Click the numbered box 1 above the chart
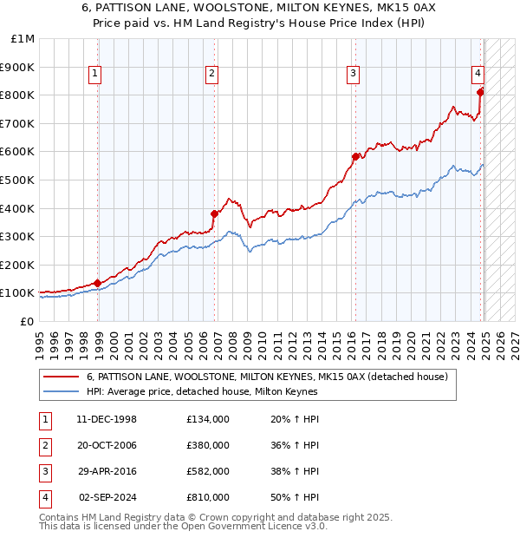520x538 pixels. pyautogui.click(x=94, y=74)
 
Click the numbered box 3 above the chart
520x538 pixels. pyautogui.click(x=354, y=74)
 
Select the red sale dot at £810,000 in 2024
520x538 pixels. pyautogui.click(x=481, y=92)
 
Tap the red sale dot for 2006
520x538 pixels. pyautogui.click(x=214, y=213)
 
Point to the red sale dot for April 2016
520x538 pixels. pyautogui.click(x=355, y=156)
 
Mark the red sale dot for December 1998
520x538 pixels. pyautogui.click(x=98, y=283)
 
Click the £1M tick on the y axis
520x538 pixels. pyautogui.click(x=23, y=39)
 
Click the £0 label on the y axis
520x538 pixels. pyautogui.click(x=27, y=321)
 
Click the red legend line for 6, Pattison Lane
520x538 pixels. pyautogui.click(x=61, y=377)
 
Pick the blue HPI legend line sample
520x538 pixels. pyautogui.click(x=61, y=391)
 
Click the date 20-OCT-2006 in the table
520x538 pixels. pyautogui.click(x=107, y=445)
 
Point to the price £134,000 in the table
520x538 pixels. pyautogui.click(x=208, y=419)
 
